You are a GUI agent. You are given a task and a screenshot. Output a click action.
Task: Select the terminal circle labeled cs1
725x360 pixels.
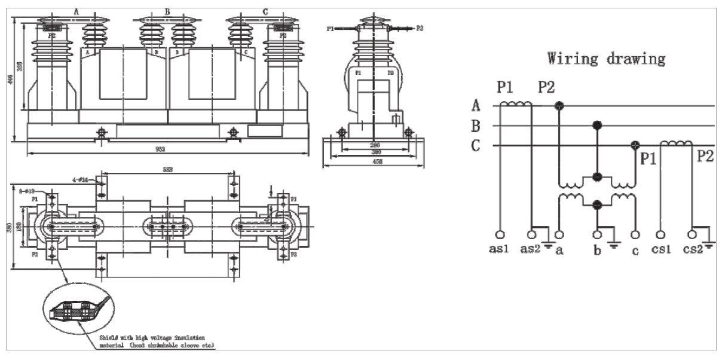660,235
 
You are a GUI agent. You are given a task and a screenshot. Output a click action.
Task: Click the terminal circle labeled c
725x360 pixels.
636,235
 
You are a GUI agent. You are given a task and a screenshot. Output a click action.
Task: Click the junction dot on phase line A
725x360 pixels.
559,106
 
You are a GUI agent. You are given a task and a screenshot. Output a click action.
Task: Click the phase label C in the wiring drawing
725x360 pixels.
476,146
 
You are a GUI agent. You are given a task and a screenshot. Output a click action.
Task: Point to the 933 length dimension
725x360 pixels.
160,149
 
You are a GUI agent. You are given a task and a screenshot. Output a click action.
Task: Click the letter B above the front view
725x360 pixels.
167,11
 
